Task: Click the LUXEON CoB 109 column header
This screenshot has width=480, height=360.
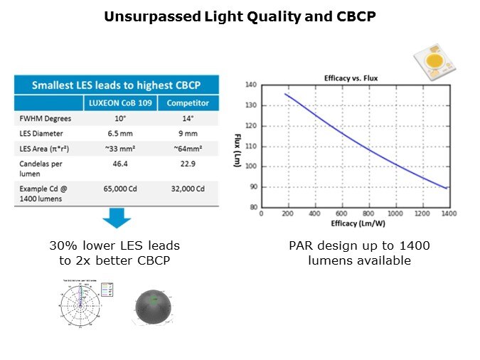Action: (x=119, y=103)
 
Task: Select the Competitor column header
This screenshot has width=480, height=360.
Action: (x=188, y=103)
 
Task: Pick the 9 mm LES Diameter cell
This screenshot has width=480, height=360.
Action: (x=188, y=133)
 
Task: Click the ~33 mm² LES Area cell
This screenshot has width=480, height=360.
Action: (x=119, y=147)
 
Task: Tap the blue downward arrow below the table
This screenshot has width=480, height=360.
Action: (x=117, y=218)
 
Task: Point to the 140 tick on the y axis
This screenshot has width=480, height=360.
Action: (x=250, y=85)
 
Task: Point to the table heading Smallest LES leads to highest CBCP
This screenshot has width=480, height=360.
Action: (x=117, y=85)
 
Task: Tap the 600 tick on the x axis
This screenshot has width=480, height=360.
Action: (x=342, y=213)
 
